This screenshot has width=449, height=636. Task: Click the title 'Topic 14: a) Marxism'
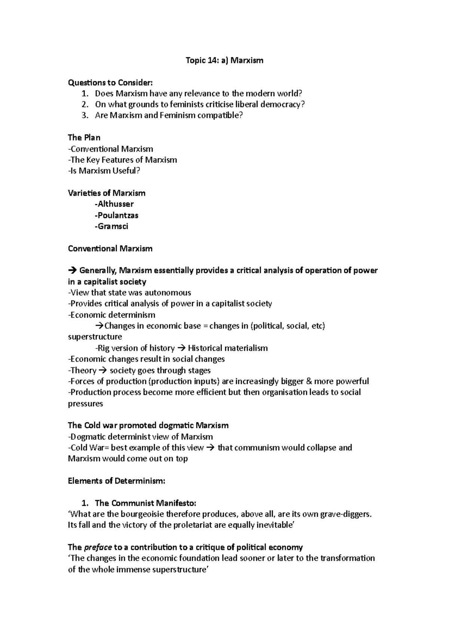224,60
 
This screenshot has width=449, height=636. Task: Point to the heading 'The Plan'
84,137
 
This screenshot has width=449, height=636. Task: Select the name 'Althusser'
115,204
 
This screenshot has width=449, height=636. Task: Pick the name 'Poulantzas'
117,215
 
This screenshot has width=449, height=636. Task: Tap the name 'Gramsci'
112,226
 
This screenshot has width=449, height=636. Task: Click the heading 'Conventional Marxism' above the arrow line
110,249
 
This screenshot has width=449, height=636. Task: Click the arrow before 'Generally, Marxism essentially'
72,271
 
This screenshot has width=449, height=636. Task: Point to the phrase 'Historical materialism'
227,348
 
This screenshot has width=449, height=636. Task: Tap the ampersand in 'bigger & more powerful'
309,381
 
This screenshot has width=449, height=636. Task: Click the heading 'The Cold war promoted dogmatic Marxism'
148,425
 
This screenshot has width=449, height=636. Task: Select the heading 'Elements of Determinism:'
116,481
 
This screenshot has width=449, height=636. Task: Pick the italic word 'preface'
98,547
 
